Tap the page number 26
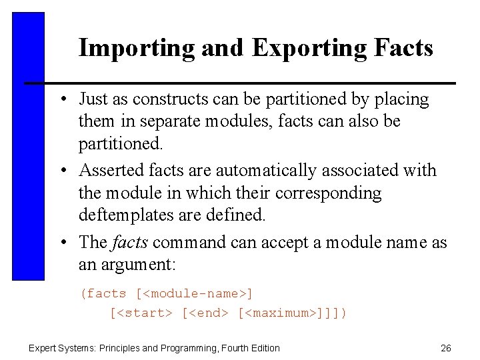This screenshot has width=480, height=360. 446,347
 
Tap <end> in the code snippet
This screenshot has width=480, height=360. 207,312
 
